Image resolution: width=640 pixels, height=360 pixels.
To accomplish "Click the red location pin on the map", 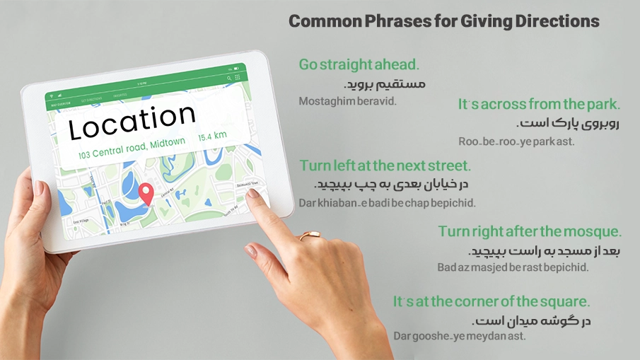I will click(x=146, y=192).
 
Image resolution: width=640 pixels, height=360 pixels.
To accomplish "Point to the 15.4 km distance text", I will click(x=212, y=136).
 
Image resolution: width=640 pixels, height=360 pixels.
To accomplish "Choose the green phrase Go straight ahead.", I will click(x=359, y=64).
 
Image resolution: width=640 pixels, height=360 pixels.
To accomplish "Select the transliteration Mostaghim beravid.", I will click(x=348, y=101).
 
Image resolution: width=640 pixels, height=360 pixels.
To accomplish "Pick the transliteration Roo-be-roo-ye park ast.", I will click(x=516, y=141).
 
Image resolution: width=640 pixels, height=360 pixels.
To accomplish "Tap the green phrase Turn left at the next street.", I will click(x=385, y=166).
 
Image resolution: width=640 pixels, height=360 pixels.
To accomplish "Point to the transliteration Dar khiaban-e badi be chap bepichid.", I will click(x=387, y=203).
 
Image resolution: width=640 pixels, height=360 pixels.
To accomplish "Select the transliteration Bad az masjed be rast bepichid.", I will click(x=513, y=268).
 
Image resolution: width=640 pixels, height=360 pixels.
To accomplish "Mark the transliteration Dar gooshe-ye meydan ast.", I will click(x=460, y=336).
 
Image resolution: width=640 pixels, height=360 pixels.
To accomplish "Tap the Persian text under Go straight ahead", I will click(x=385, y=83).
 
